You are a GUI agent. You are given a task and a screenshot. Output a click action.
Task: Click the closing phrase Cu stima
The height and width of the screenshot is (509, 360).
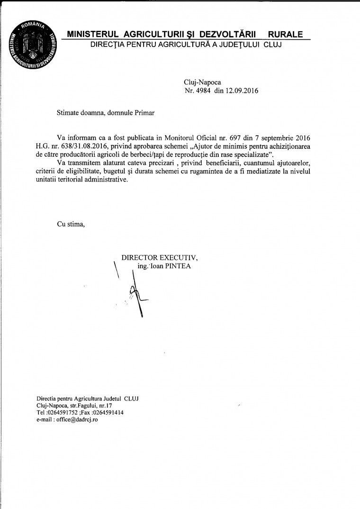tap(71, 224)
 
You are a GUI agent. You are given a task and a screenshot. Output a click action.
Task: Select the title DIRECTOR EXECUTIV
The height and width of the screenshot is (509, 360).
tap(160, 258)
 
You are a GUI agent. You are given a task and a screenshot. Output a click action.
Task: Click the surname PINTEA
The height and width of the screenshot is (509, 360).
tap(179, 266)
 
